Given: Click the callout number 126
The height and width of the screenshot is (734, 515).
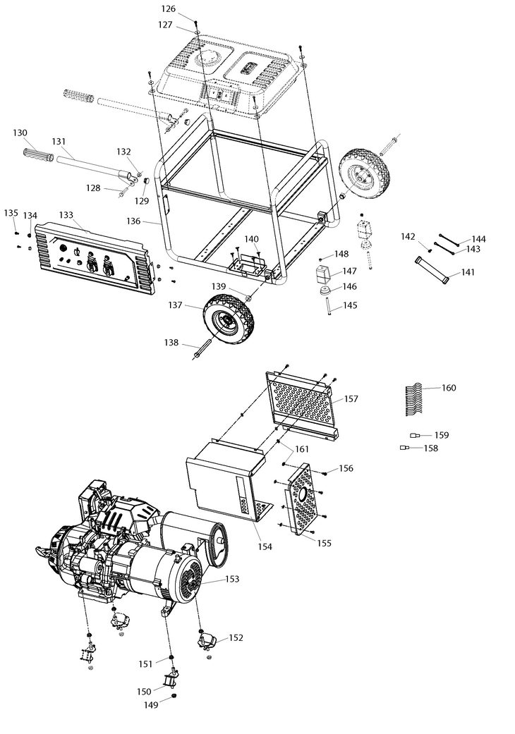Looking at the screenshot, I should (168, 9).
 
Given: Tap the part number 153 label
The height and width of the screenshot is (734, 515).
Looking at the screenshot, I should (232, 579).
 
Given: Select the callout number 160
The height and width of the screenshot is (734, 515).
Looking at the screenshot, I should (449, 388).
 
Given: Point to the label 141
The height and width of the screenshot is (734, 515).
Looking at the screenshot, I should (468, 272).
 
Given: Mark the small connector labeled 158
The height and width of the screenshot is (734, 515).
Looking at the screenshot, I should (406, 448).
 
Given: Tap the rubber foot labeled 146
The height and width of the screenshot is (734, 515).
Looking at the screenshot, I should (325, 290).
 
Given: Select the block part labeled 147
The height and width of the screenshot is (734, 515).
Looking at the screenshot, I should (324, 272).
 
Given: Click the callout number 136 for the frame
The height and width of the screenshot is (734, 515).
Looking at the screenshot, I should (133, 221).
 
